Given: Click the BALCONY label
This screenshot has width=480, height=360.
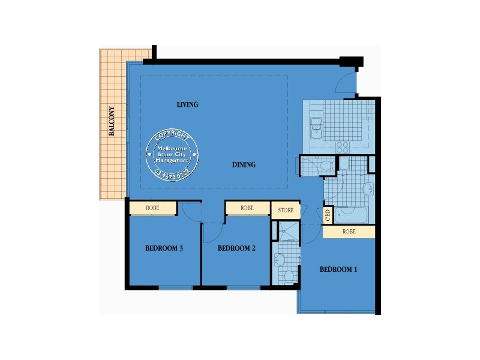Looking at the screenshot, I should tap(112, 122).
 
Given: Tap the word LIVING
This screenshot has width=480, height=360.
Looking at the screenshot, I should tap(187, 104).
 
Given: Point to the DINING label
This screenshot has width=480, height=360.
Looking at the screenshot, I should tap(244, 164).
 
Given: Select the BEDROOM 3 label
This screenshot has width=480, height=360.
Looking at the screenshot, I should tap(164, 248).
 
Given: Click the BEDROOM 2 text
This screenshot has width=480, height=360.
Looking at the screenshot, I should tap(236, 248).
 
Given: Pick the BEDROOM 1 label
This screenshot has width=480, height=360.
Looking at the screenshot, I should tap(338, 269).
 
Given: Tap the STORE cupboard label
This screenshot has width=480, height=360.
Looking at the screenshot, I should tap(286, 211).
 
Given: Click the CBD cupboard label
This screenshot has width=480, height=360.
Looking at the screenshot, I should tap(328, 215).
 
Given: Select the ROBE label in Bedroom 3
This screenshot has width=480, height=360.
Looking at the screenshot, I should tap(152, 208).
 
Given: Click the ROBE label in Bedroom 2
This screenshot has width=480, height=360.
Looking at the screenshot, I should tap(247, 208).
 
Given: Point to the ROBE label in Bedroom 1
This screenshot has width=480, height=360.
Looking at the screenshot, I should tap(349, 231).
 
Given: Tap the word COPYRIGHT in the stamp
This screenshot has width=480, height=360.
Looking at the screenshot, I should tap(172, 135).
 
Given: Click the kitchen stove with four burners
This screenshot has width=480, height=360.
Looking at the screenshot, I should tap(343, 145).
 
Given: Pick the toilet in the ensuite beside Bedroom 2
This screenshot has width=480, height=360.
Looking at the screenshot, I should tap(289, 275).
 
